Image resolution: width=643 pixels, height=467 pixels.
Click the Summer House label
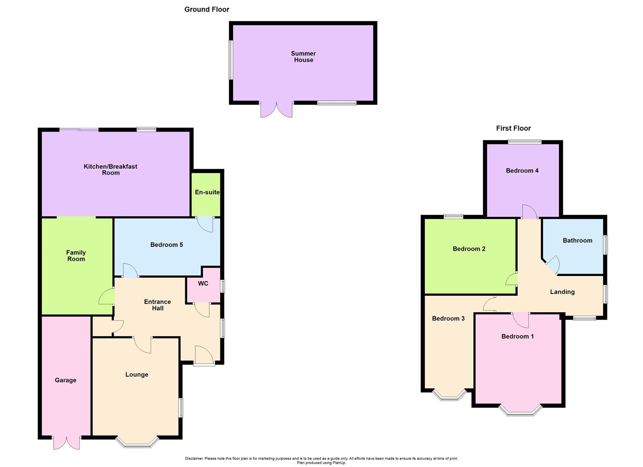click(303, 57)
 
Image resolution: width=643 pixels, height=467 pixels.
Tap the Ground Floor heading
click(207, 10)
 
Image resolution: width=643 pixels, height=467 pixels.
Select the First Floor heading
click(513, 128)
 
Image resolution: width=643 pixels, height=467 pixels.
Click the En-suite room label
click(207, 192)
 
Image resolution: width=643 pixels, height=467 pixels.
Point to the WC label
click(203, 284)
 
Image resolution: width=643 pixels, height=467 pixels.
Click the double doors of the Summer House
click(276, 110)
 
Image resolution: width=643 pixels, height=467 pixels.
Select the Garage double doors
click(67, 443)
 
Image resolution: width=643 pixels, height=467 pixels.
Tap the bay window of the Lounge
click(137, 442)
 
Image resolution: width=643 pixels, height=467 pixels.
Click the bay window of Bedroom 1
click(520, 411)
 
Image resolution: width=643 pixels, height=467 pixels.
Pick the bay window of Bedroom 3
click(449, 395)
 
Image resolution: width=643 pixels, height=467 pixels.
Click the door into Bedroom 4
click(529, 211)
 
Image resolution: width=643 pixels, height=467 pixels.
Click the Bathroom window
click(605, 244)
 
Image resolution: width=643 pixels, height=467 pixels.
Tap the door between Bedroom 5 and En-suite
click(205, 224)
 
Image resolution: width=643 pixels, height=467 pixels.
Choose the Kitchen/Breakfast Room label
click(110, 170)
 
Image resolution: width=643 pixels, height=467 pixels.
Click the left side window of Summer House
click(231, 60)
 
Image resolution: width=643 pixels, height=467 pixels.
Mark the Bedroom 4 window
click(524, 141)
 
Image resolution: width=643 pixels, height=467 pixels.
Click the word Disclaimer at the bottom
click(194, 458)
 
